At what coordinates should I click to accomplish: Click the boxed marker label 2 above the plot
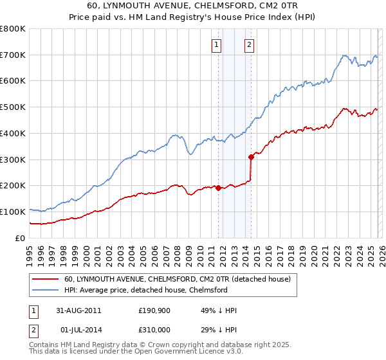pyautogui.click(x=249, y=44)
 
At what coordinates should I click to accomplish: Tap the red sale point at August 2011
pyautogui.click(x=218, y=188)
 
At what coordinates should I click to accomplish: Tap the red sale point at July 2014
pyautogui.click(x=251, y=157)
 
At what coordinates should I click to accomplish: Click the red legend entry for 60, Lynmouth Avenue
pyautogui.click(x=178, y=280)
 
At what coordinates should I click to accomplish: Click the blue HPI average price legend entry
pyautogui.click(x=145, y=290)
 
